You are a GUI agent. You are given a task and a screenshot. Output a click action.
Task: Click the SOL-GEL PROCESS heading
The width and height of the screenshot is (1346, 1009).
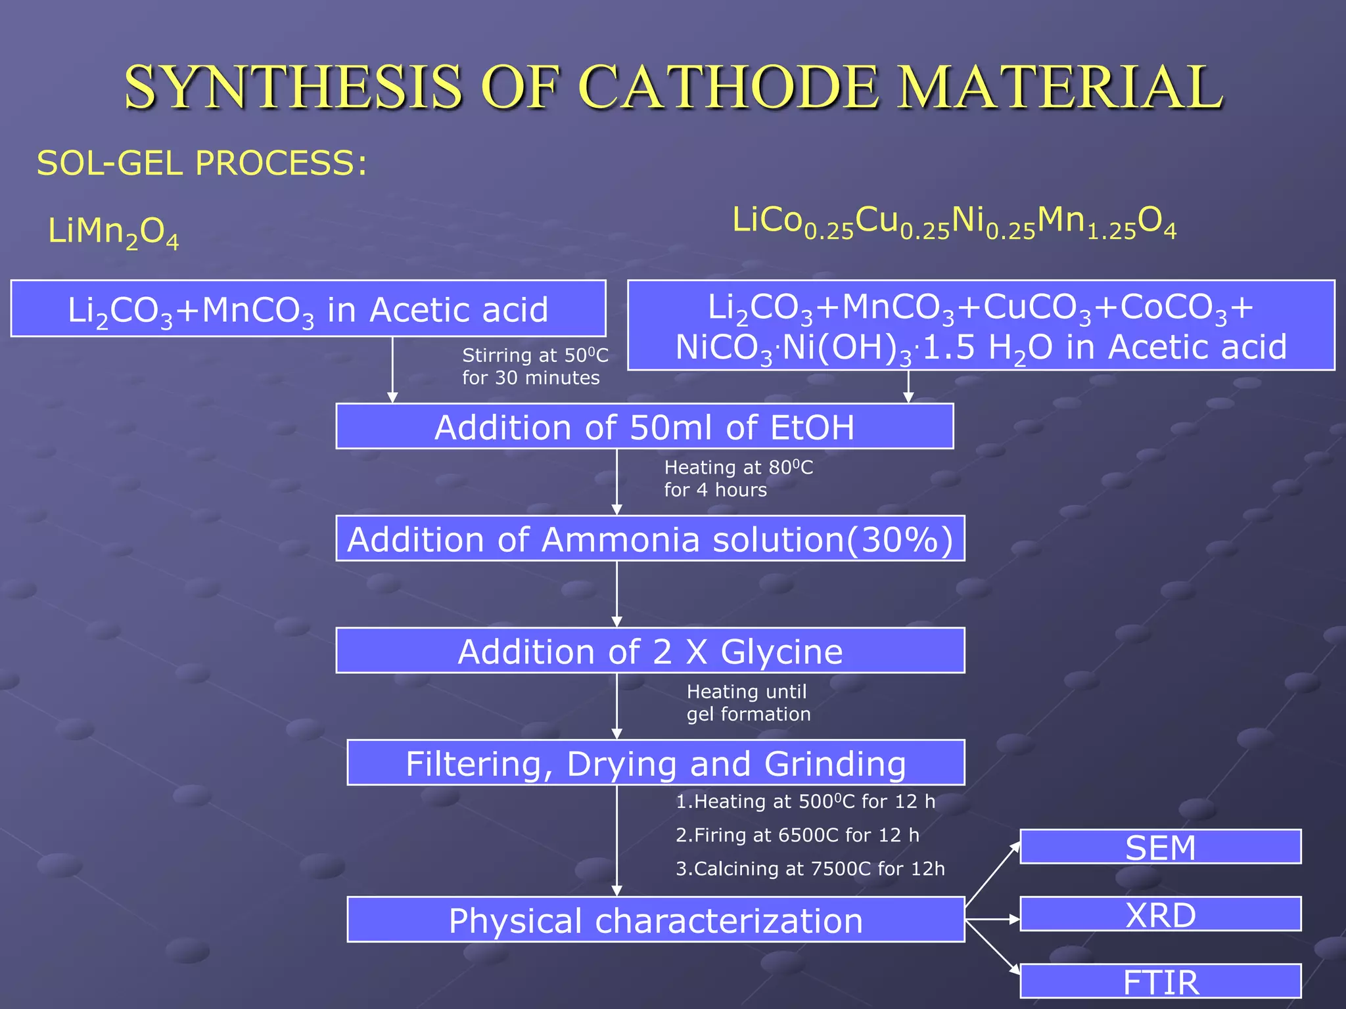point(202,163)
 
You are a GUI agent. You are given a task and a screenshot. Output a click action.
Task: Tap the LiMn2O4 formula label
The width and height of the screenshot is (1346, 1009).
point(113,233)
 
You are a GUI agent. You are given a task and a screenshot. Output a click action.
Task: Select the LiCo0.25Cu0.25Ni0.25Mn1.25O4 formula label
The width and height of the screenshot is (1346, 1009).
point(954,222)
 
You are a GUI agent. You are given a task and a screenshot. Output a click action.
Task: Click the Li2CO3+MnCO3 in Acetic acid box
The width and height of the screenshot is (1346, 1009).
point(308,309)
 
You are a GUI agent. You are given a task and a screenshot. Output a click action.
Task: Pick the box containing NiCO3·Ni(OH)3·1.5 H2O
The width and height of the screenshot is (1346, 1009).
point(981,326)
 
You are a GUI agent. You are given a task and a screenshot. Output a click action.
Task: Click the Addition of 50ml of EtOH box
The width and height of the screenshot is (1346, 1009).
point(644,426)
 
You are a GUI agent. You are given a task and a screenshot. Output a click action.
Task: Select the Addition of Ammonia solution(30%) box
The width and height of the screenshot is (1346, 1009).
point(649,539)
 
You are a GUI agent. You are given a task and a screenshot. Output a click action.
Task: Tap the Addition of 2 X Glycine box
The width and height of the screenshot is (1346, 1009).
point(649,651)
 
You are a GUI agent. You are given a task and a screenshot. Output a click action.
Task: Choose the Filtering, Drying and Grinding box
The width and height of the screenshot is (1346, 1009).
point(655,763)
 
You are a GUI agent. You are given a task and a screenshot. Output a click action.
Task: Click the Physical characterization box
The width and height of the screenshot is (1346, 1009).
point(655,920)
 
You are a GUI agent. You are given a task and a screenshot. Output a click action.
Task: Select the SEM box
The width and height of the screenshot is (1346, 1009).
point(1160,847)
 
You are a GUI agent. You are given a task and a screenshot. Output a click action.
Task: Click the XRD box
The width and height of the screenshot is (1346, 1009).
point(1160,914)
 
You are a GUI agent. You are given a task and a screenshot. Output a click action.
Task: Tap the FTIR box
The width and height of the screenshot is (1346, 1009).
point(1160,981)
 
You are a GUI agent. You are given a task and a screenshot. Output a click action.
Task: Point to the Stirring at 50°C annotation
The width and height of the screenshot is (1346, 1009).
point(534,367)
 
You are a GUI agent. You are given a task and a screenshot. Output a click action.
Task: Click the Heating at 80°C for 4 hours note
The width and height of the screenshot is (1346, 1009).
point(737,478)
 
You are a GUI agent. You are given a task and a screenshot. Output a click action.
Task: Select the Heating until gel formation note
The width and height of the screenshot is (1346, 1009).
point(748,703)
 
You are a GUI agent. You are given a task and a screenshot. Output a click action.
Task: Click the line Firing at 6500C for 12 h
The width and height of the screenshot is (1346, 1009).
point(797,835)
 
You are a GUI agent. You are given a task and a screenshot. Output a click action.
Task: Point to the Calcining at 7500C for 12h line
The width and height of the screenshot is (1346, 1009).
point(810,868)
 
